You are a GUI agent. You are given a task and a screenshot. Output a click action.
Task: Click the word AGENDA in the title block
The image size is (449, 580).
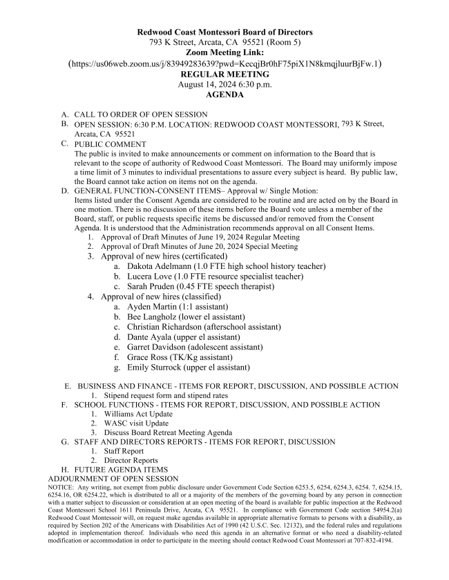(224, 95)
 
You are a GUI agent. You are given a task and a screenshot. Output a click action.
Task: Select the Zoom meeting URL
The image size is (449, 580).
(224, 63)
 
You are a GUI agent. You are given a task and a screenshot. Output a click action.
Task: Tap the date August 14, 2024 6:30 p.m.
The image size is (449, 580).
(224, 85)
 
